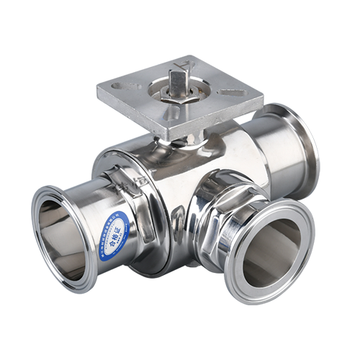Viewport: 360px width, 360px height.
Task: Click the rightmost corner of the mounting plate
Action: [x=260, y=94]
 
